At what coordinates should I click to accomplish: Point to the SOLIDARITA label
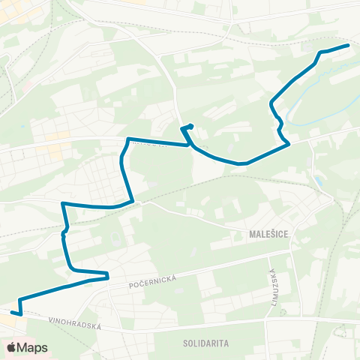click(x=205, y=343)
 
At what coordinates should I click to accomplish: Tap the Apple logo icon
click(x=10, y=347)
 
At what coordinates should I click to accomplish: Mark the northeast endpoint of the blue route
click(x=349, y=45)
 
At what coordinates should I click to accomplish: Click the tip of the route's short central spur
click(x=192, y=125)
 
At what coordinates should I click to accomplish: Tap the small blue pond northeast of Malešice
click(x=320, y=181)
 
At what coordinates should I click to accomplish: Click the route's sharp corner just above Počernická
click(x=108, y=273)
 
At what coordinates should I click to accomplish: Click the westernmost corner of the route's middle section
click(x=61, y=202)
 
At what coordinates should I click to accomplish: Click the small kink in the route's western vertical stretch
click(x=64, y=233)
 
